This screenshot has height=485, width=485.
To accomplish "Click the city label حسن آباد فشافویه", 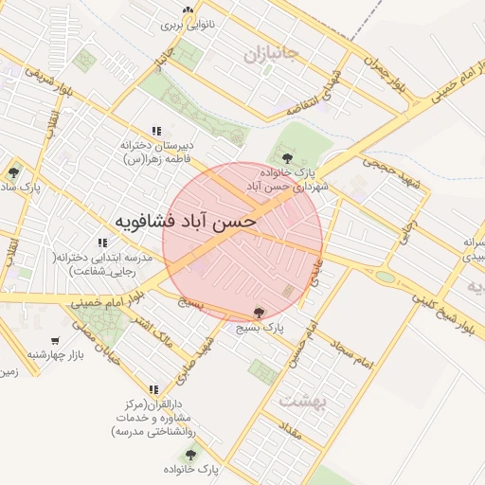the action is tap(177, 222).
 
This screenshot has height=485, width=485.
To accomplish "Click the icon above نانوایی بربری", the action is tap(188, 10).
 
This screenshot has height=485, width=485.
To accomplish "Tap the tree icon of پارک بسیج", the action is tap(260, 312).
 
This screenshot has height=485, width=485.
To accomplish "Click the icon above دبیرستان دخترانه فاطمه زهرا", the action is tap(155, 131).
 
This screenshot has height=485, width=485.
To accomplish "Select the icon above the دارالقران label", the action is tap(153, 389).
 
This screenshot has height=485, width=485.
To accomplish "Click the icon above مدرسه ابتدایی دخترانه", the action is tap(102, 242).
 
